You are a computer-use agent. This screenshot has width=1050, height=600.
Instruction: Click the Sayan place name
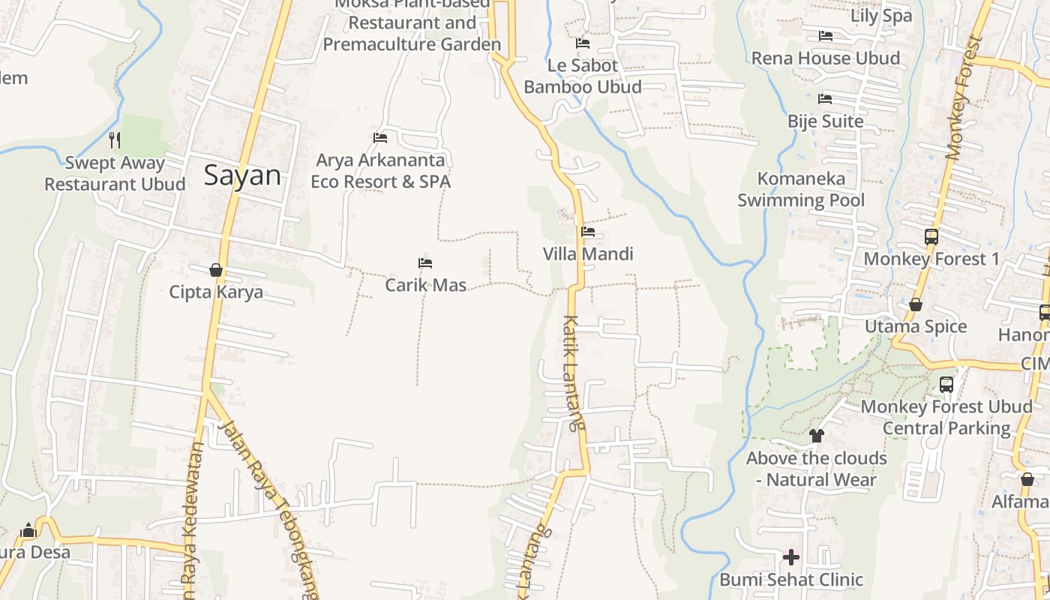pos(242,175)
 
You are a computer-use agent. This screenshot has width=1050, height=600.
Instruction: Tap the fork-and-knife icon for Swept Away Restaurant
pos(115,139)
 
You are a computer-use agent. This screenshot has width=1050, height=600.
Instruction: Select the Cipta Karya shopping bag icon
pos(216,270)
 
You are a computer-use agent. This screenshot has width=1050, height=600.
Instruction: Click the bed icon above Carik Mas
pos(425,263)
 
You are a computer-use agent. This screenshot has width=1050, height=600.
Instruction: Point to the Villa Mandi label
pos(588,254)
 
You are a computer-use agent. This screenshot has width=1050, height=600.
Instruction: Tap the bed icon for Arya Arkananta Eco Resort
pos(380,137)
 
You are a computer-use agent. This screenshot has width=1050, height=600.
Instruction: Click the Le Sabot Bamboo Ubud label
pos(583,76)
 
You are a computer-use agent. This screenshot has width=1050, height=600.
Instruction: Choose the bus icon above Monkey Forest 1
pos(931,237)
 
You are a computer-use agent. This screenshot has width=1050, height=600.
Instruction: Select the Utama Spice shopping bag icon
pos(915,304)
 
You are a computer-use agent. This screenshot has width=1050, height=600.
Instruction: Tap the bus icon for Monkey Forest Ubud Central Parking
pos(946,385)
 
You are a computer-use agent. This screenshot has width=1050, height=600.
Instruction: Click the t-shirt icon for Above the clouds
pos(816,435)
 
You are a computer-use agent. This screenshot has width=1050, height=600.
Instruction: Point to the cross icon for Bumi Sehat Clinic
pos(790,557)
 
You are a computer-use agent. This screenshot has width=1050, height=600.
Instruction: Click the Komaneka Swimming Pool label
pos(801,189)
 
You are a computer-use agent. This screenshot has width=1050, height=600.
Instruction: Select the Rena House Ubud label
pos(825,58)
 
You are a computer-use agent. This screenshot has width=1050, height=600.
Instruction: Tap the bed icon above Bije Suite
pos(825,98)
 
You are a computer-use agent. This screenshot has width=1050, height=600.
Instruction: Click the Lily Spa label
pos(881,16)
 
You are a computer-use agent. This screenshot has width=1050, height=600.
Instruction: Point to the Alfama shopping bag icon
pos(1027,479)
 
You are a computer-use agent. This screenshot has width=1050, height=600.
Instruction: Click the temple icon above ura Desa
pos(29,531)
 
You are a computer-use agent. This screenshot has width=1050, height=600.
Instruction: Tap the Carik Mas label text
pos(425,285)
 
